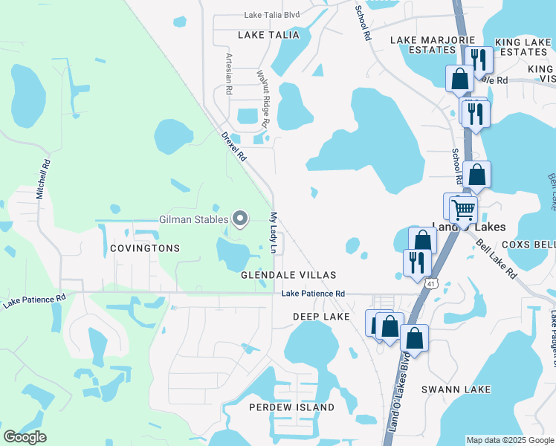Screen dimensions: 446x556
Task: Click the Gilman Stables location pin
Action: pyautogui.click(x=240, y=219)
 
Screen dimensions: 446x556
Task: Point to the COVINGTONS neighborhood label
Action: pyautogui.click(x=144, y=248)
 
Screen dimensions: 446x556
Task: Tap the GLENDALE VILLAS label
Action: pyautogui.click(x=288, y=275)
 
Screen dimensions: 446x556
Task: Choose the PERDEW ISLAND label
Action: pyautogui.click(x=291, y=407)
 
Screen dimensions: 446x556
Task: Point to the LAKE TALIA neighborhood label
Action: pyautogui.click(x=268, y=35)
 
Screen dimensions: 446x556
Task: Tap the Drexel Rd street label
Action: pyautogui.click(x=233, y=147)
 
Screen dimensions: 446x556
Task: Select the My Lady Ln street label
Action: pyautogui.click(x=273, y=233)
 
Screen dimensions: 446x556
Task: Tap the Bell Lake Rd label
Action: pyautogui.click(x=497, y=259)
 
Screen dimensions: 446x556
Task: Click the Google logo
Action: pyautogui.click(x=25, y=437)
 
